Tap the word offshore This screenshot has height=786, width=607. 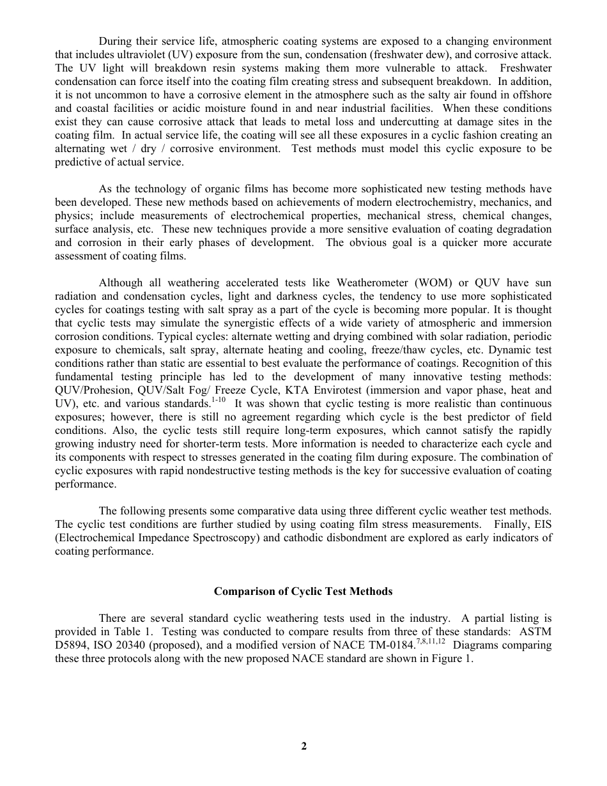(x=533, y=95)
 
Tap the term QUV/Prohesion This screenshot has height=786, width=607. (x=93, y=390)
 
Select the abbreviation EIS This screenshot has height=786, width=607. (x=536, y=524)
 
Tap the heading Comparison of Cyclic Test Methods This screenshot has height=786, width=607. (x=303, y=591)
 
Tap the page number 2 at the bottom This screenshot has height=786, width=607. (x=303, y=746)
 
